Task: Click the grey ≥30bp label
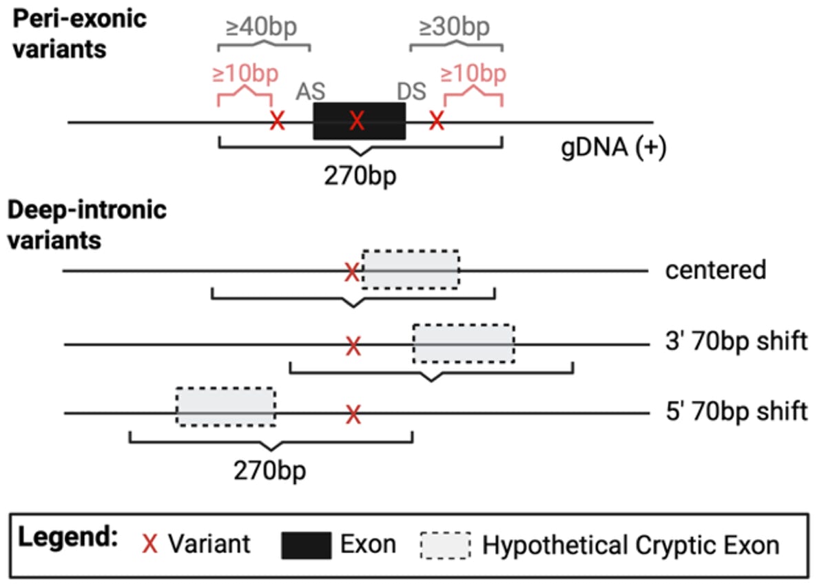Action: (x=455, y=29)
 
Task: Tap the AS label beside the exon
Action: (x=311, y=92)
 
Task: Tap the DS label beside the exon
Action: (x=411, y=92)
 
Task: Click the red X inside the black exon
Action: (x=356, y=122)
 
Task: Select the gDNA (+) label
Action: (x=612, y=149)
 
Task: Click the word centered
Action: (x=715, y=270)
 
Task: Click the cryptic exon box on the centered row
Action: (x=411, y=269)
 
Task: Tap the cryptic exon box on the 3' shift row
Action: (x=464, y=343)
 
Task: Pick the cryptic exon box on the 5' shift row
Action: (x=226, y=407)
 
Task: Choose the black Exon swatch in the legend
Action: (x=306, y=545)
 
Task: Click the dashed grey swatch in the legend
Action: (x=445, y=545)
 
